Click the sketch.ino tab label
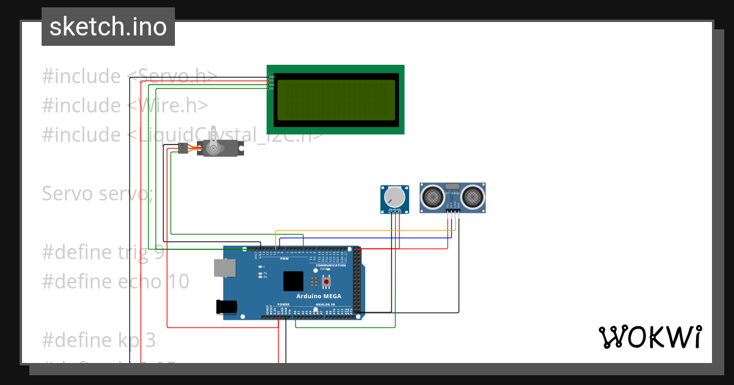click(108, 27)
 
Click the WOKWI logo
click(650, 337)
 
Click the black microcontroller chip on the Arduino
click(293, 281)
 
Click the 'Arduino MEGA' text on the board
click(319, 296)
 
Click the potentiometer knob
click(395, 197)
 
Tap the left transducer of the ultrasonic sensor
click(433, 196)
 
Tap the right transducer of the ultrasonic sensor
click(472, 196)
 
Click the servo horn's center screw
click(213, 148)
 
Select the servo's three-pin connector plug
click(182, 148)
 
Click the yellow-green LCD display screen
click(336, 100)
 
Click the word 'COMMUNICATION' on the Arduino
click(331, 265)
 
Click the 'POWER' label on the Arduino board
click(283, 304)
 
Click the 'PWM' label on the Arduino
click(284, 258)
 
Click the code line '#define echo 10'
click(116, 281)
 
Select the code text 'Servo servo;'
click(98, 193)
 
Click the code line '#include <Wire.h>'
click(125, 105)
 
